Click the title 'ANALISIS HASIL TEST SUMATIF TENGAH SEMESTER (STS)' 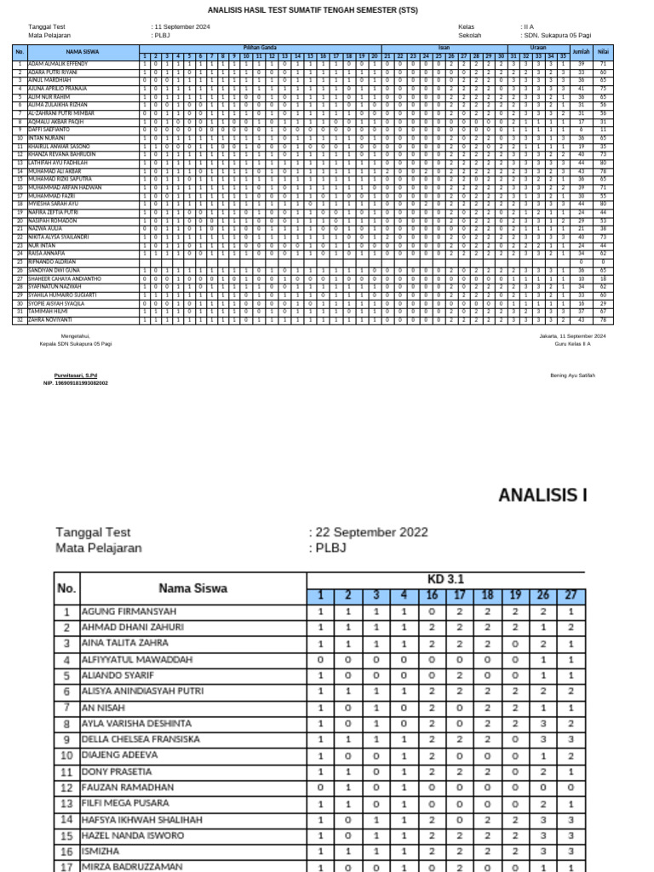(x=326, y=10)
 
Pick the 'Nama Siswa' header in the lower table (x=192, y=588)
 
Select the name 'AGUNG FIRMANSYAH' (x=129, y=611)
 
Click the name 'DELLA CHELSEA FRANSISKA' (x=141, y=739)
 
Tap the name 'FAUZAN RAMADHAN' (x=127, y=788)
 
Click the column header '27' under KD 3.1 (x=571, y=595)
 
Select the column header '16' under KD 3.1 (x=432, y=595)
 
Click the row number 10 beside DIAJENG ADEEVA (x=66, y=755)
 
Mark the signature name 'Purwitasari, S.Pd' (x=76, y=376)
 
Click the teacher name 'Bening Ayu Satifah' (x=572, y=376)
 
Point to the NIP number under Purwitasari (x=76, y=383)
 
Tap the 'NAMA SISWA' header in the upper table (x=83, y=51)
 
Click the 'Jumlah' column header (x=582, y=51)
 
